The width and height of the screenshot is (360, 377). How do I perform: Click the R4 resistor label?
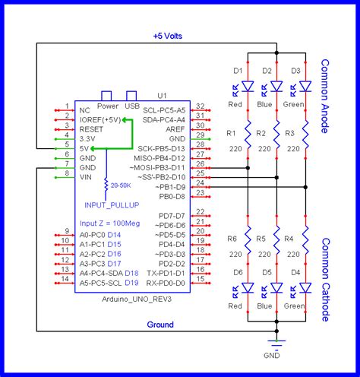(289, 239)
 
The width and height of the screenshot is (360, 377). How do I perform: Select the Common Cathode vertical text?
(325, 279)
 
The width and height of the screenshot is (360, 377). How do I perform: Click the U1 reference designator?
(162, 97)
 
